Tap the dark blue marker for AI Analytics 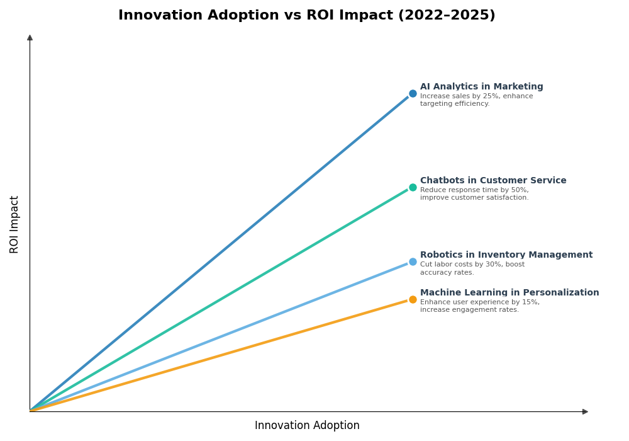[x=413, y=93]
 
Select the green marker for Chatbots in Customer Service [x=413, y=187]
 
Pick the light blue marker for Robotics [x=413, y=261]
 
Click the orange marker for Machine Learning [x=413, y=299]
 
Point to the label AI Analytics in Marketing [x=481, y=87]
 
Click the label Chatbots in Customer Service [x=493, y=181]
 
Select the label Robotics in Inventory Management [x=506, y=255]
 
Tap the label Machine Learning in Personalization [x=509, y=293]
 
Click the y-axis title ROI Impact [x=14, y=224]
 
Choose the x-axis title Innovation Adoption [x=307, y=426]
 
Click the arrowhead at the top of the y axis [x=30, y=38]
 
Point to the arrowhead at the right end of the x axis [x=585, y=411]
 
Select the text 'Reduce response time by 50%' [x=474, y=190]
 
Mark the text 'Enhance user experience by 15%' [x=479, y=302]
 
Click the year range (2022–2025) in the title [x=447, y=16]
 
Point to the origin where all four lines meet [x=30, y=411]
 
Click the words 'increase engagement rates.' [x=469, y=310]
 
